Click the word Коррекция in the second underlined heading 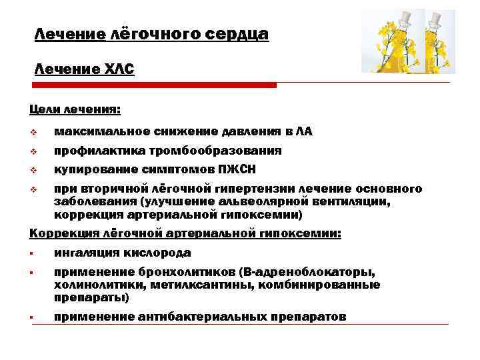coord(62,233)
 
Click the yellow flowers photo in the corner coord(405,41)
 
